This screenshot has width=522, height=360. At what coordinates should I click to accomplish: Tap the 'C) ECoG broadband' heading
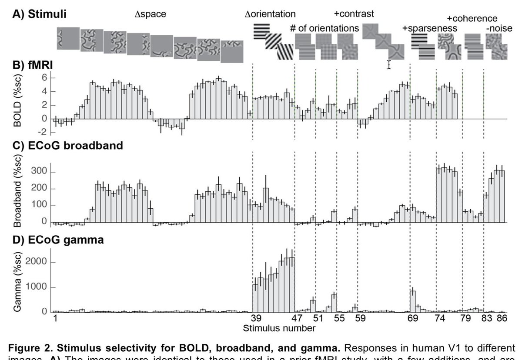67,146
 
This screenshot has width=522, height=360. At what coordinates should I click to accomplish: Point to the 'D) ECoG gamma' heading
58,239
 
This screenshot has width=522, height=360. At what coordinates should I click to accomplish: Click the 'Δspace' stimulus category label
150,14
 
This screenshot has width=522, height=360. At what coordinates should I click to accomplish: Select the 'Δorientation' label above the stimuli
270,14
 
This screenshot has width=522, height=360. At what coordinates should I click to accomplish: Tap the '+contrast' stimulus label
354,14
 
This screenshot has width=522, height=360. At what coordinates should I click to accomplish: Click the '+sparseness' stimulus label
430,28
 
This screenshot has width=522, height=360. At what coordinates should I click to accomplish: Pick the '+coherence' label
472,18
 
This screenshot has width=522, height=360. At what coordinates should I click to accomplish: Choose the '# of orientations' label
325,28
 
